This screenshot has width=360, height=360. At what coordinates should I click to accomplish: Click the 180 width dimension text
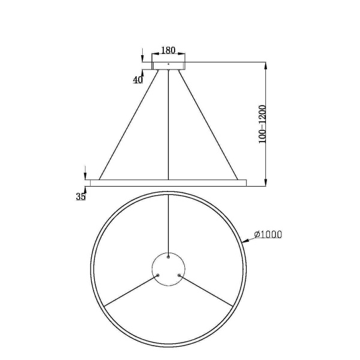pyautogui.click(x=169, y=51)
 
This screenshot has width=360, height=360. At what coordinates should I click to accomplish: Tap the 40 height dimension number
pyautogui.click(x=138, y=80)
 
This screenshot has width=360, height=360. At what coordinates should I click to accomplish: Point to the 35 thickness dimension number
pyautogui.click(x=81, y=196)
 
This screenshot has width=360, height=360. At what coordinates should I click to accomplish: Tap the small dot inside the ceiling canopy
pyautogui.click(x=169, y=63)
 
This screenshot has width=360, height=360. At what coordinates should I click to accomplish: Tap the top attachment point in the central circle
pyautogui.click(x=169, y=257)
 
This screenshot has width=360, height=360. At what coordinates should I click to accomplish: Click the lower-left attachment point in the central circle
pyautogui.click(x=158, y=276)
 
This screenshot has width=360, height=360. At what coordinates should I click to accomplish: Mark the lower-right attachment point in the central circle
pyautogui.click(x=180, y=276)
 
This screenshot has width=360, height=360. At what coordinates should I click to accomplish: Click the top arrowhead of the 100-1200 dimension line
pyautogui.click(x=266, y=64)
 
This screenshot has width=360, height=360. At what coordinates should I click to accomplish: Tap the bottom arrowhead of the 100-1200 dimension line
pyautogui.click(x=266, y=182)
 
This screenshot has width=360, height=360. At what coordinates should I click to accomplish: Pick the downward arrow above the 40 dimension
pyautogui.click(x=143, y=56)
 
